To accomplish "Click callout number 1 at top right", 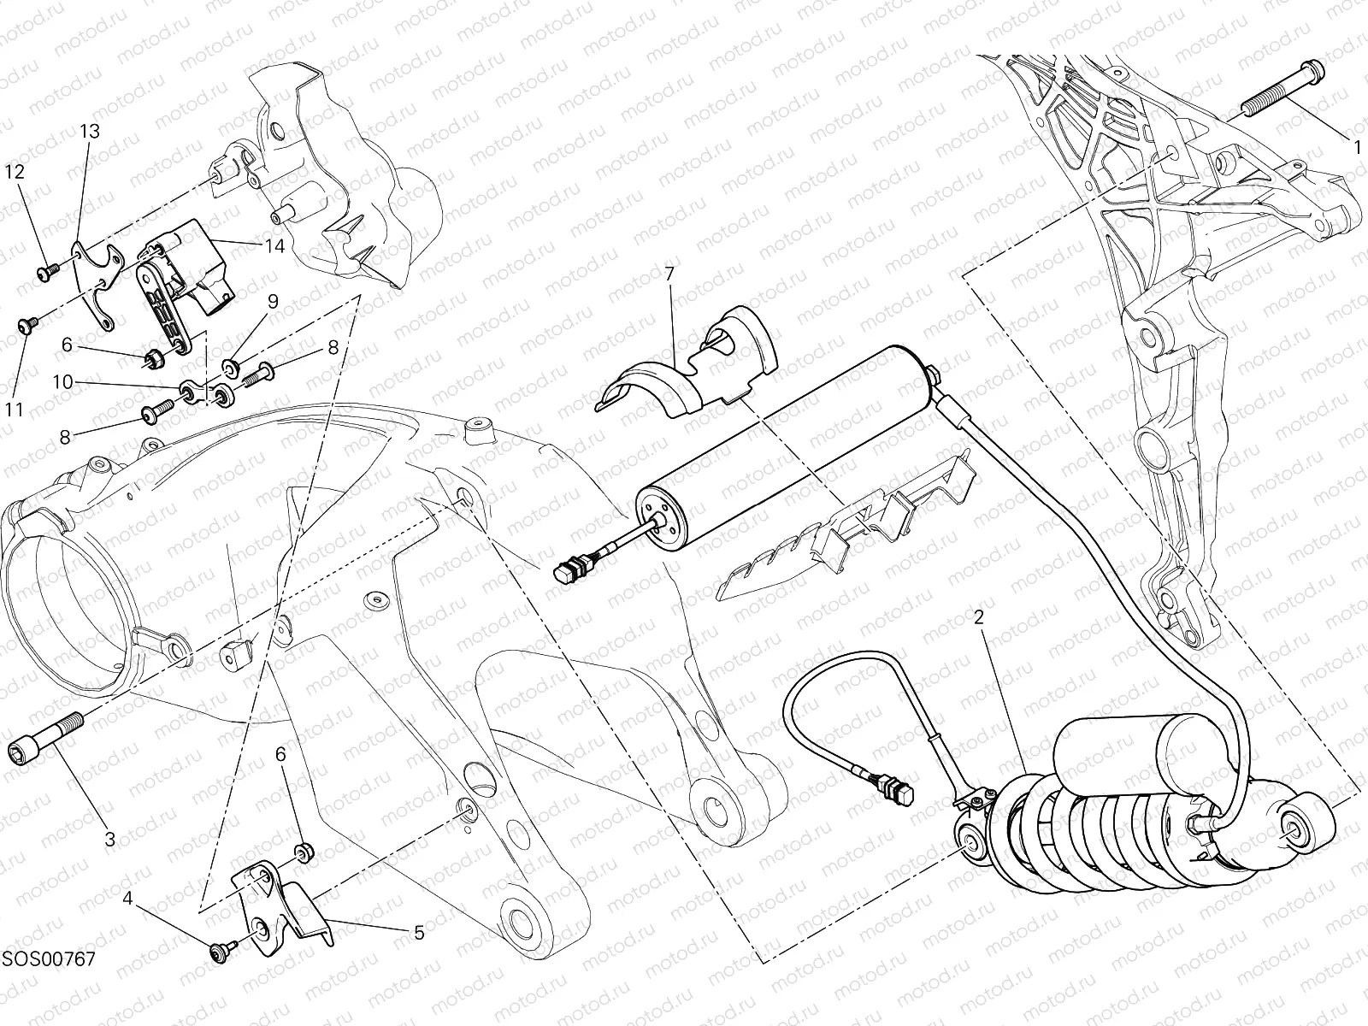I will [1357, 146].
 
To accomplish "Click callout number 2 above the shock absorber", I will [980, 616].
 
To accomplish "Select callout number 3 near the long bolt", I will [109, 839].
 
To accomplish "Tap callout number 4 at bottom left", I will [127, 899].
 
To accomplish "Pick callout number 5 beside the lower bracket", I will [419, 933].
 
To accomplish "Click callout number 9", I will [273, 301].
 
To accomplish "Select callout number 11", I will [15, 410].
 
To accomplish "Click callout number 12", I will [15, 171].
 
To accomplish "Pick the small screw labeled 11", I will [27, 326].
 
